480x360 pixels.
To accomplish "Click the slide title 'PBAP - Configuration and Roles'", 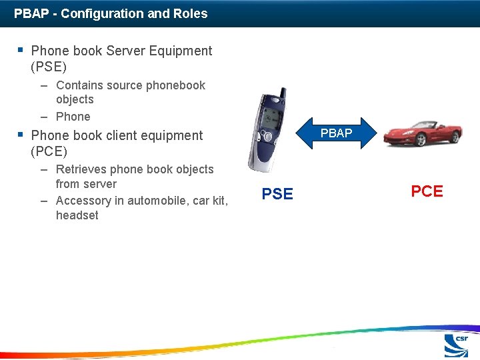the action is pyautogui.click(x=111, y=13).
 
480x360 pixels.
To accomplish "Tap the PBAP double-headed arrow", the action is pyautogui.click(x=336, y=133).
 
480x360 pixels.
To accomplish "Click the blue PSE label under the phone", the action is pyautogui.click(x=277, y=194).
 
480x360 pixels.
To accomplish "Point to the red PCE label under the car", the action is pyautogui.click(x=427, y=191).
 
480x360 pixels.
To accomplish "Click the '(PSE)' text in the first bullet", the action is pyautogui.click(x=49, y=67).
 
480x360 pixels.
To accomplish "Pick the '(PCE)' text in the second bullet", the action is pyautogui.click(x=49, y=151).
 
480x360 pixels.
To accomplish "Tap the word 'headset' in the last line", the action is pyautogui.click(x=77, y=215).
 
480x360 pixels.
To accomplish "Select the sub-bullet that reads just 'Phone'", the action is pyautogui.click(x=73, y=117).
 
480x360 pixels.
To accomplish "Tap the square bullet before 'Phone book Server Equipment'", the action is pyautogui.click(x=21, y=50).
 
